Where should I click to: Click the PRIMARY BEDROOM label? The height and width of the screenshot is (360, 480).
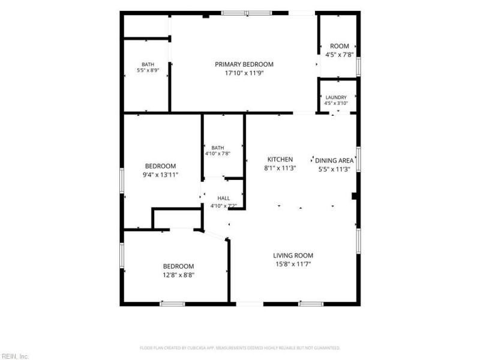point(244,64)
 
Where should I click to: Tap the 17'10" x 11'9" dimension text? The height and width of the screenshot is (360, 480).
point(244,73)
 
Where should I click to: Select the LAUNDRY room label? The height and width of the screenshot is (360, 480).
point(336,97)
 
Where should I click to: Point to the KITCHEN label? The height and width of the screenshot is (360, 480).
point(280,159)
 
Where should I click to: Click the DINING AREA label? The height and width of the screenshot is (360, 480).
point(334,160)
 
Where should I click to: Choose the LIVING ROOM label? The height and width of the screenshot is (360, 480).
point(293,256)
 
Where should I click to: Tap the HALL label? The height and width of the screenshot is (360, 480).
point(223,199)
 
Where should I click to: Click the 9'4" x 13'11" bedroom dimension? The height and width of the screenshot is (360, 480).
point(160,175)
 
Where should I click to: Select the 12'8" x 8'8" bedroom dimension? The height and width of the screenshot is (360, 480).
point(178,275)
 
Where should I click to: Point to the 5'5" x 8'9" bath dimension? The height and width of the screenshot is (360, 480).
point(148,70)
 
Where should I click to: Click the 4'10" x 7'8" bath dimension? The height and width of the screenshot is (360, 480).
point(218,154)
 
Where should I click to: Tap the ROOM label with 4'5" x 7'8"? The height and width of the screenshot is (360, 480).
point(340,46)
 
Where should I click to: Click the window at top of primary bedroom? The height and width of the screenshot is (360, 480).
point(247,13)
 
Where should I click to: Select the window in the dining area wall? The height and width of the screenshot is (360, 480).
point(358,159)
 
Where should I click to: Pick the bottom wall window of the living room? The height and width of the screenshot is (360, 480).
point(311,304)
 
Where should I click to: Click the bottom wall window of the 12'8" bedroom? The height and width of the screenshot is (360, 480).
point(172,304)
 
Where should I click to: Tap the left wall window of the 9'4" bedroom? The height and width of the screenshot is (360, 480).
point(122,181)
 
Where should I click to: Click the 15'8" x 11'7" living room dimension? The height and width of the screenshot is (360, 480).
point(293,264)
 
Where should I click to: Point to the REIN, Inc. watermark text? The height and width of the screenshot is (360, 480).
point(14,356)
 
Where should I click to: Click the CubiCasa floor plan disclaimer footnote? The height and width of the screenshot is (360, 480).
point(240,348)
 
